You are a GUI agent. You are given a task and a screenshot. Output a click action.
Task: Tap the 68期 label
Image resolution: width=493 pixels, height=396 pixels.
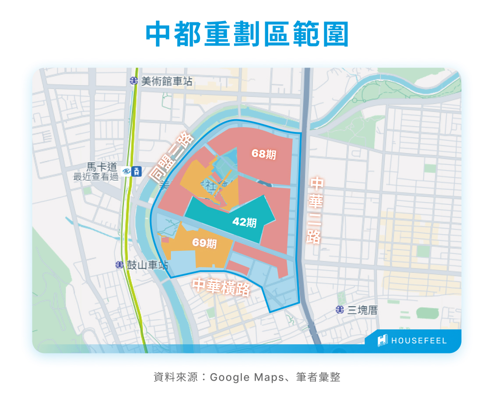tap(264, 154)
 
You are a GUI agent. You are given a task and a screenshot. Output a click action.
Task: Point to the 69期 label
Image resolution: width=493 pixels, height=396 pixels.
tap(205, 243)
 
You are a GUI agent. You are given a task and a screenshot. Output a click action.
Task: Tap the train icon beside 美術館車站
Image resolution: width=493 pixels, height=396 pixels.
tap(134, 81)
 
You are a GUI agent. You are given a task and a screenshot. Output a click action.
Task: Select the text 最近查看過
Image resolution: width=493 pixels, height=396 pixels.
tap(96, 177)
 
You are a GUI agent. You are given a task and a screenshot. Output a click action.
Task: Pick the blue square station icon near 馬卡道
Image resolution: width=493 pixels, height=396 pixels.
tap(137, 171)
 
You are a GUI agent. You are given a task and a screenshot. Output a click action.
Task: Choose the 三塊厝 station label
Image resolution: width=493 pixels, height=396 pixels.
tap(362, 310)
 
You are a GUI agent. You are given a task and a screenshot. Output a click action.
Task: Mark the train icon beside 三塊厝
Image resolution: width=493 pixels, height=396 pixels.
tap(340, 310)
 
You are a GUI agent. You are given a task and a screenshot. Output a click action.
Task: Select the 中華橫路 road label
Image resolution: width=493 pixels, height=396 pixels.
tap(221, 287)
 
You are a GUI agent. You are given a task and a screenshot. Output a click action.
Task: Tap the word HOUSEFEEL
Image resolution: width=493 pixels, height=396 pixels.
tap(419, 341)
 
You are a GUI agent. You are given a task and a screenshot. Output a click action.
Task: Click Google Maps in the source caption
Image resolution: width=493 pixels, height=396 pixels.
tap(247, 377)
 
